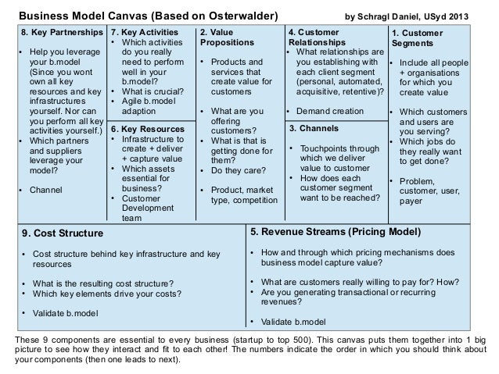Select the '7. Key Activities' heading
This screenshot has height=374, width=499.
144,33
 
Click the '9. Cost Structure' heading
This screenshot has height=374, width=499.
62,232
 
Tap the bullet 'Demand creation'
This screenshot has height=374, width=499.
329,109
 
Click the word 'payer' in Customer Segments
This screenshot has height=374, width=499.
411,201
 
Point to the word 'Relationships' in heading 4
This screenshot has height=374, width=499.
317,42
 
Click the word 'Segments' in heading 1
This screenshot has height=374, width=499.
411,43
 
